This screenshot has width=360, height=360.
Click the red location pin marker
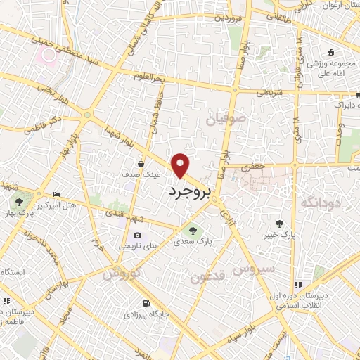coord(182,166)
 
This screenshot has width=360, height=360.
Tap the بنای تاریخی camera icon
coord(137,235)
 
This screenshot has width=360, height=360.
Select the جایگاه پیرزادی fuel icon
coord(146,304)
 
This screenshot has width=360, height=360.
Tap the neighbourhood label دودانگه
coord(321,203)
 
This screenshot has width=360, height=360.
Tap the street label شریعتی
coord(270,91)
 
